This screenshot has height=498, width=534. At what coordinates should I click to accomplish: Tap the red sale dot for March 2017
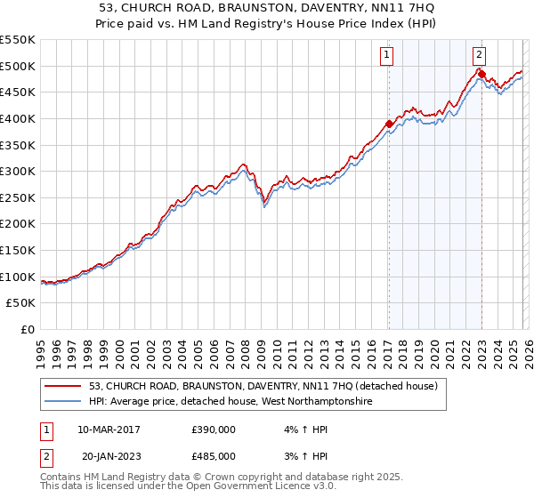coord(389,124)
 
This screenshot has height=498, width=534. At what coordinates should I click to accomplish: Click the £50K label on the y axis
coord(21,303)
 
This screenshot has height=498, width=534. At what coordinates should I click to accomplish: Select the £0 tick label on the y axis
coord(28,330)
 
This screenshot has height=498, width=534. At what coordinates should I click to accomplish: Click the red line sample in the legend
coord(63,387)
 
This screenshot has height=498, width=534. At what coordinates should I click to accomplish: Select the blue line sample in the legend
coord(63,402)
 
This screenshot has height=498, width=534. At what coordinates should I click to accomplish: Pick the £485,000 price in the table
coord(214,456)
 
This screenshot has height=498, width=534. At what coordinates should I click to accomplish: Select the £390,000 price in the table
coord(214,430)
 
